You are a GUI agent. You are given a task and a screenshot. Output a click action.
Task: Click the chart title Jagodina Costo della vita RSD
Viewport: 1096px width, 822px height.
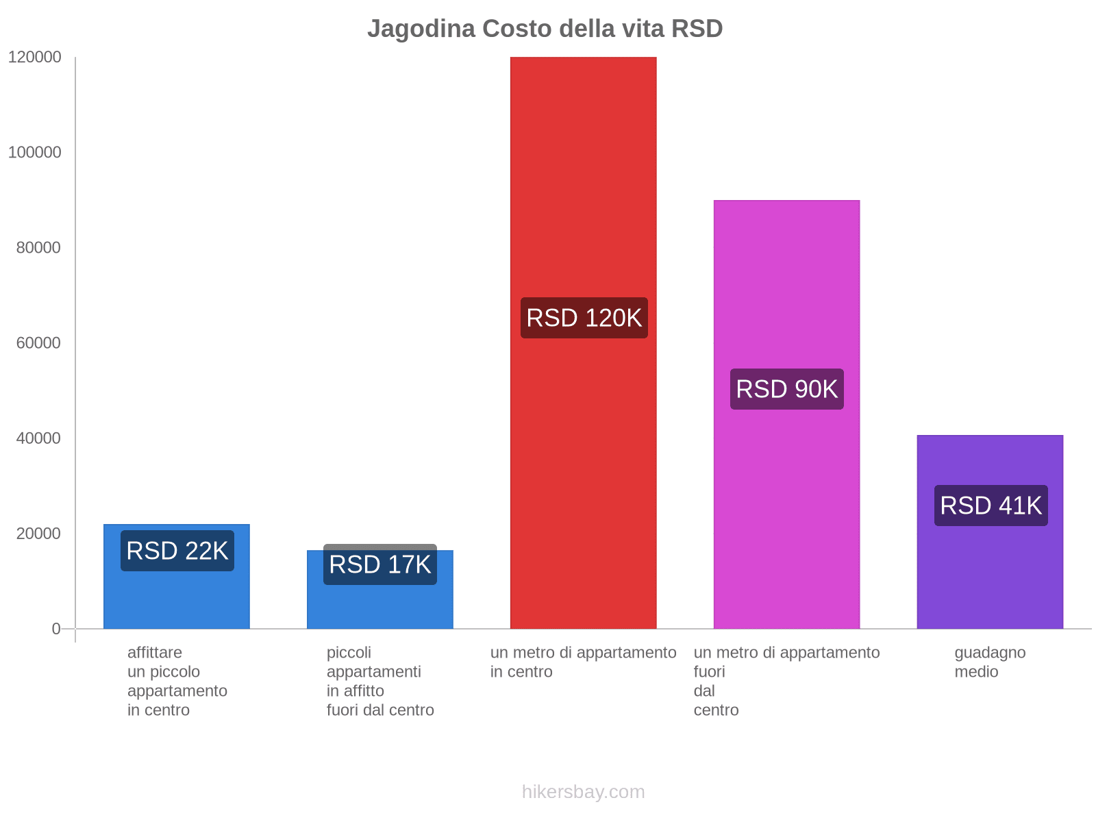[x=545, y=29]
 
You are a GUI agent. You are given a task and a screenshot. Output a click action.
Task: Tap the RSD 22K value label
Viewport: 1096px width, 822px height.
[x=177, y=551]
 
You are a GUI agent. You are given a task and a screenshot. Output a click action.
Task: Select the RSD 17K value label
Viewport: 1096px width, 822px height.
[x=380, y=565]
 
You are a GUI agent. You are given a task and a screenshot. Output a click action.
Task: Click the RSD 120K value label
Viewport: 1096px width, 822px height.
[x=584, y=318]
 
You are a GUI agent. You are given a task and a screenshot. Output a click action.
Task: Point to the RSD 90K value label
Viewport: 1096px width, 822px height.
[x=786, y=389]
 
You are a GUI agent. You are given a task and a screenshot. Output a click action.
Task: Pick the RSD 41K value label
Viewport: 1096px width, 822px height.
[x=991, y=506]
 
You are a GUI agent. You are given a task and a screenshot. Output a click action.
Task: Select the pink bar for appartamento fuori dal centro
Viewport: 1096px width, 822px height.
[x=786, y=534]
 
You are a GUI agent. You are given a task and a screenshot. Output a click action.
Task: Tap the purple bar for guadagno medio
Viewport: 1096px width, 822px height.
[x=991, y=575]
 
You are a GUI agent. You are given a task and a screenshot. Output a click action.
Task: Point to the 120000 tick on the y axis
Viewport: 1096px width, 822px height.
[x=35, y=58]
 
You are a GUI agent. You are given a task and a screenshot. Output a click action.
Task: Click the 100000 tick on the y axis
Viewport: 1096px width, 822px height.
[x=35, y=153]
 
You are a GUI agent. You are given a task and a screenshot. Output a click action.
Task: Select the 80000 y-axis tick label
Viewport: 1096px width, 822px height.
[x=39, y=248]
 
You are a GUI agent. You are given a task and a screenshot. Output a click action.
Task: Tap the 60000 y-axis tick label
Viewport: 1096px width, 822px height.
[x=39, y=343]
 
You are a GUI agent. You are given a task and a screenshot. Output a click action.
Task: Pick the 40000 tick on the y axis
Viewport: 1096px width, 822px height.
[x=39, y=438]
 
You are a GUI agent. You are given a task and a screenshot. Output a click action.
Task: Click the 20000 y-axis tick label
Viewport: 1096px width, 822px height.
[x=39, y=534]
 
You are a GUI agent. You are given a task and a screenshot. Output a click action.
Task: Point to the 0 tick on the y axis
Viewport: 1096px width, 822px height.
[x=56, y=629]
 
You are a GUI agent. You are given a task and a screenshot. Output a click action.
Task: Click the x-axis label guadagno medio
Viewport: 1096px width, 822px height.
[x=990, y=662]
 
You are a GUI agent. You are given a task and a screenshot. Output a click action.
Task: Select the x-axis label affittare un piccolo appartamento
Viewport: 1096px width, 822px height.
[x=177, y=681]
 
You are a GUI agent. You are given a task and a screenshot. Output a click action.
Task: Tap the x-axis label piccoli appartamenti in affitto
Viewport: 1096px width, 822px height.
[x=380, y=681]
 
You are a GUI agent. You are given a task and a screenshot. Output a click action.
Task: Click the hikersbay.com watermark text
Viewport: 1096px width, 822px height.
[x=583, y=792]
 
